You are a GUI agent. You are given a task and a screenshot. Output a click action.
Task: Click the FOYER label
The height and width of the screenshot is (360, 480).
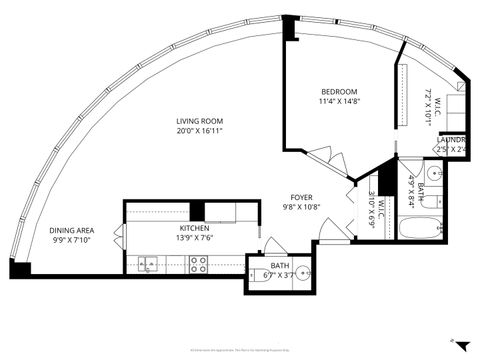[x=303, y=197]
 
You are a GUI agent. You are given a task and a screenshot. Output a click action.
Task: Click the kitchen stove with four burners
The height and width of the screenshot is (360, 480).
[x=198, y=264]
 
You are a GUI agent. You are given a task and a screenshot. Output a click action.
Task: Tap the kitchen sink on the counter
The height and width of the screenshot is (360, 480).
[x=148, y=265]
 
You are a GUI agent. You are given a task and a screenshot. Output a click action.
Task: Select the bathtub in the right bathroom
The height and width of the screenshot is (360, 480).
[x=418, y=229]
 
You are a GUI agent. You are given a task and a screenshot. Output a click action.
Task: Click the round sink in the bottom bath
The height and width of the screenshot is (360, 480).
[x=301, y=274]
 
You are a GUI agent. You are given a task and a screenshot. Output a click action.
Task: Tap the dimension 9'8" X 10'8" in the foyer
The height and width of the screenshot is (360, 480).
[x=303, y=208]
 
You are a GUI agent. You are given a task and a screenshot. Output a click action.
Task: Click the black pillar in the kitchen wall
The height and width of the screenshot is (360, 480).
[x=197, y=211]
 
